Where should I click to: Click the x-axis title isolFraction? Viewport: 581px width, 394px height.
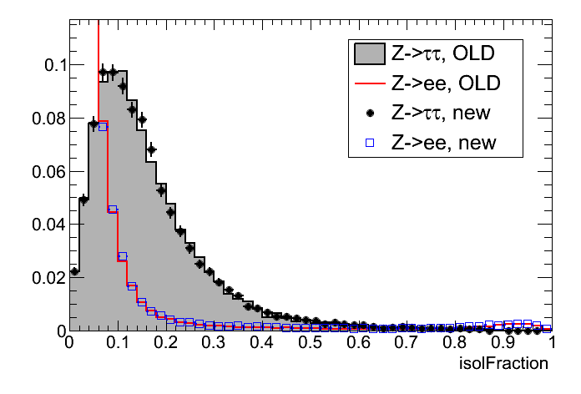pyautogui.click(x=504, y=364)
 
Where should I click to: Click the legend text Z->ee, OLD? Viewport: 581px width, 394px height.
pyautogui.click(x=442, y=84)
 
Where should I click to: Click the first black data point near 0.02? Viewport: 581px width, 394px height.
pyautogui.click(x=74, y=270)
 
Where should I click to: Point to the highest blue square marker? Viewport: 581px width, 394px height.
pyautogui.click(x=103, y=127)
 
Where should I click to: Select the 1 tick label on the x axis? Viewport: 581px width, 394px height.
pyautogui.click(x=552, y=344)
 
